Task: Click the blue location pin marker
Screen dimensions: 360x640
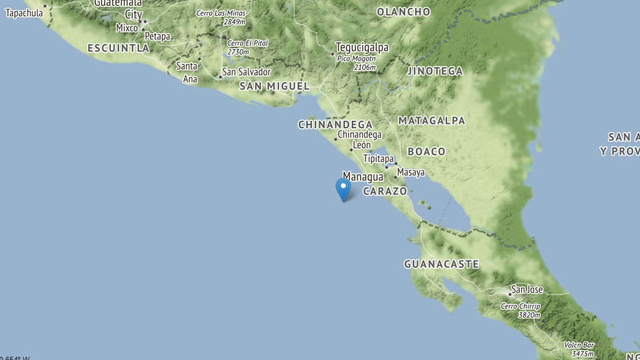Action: click(343, 189)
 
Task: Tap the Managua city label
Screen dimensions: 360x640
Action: click(363, 177)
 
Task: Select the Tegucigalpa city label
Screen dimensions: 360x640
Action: click(362, 47)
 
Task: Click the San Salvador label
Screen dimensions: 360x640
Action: click(247, 72)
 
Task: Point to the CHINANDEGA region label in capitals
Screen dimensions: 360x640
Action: click(335, 125)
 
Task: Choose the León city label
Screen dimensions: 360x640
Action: click(362, 146)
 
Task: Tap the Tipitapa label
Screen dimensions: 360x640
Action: click(379, 159)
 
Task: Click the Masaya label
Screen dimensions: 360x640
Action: click(411, 173)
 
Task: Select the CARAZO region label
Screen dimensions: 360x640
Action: click(385, 191)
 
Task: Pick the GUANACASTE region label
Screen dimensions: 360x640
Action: click(441, 264)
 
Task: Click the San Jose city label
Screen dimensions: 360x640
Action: click(527, 290)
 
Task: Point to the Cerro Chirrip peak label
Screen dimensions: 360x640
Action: click(520, 306)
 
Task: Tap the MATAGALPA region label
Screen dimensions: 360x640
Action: click(431, 120)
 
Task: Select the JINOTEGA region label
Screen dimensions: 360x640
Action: click(435, 71)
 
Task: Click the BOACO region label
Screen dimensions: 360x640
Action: click(426, 151)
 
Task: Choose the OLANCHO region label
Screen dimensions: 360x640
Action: click(403, 12)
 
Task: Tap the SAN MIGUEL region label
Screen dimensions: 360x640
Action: click(275, 86)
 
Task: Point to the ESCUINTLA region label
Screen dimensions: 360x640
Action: click(118, 48)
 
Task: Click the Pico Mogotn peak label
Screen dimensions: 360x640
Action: click(357, 59)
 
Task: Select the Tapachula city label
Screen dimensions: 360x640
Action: click(24, 13)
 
